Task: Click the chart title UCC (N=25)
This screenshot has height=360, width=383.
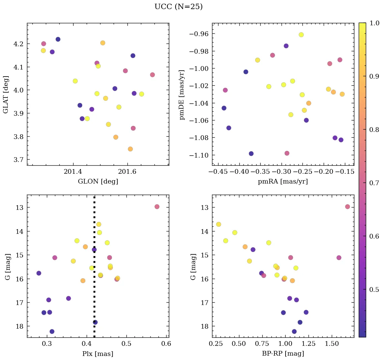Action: tap(178, 7)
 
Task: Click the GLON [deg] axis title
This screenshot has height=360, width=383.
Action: tap(98, 182)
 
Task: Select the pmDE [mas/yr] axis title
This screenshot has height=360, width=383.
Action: tap(182, 94)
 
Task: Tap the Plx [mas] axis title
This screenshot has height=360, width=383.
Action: tap(98, 354)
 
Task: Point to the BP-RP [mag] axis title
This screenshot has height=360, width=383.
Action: tap(283, 354)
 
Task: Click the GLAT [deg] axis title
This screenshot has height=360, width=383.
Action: tap(6, 94)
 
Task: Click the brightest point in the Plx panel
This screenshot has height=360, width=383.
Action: tap(157, 206)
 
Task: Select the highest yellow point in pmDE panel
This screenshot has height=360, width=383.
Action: tap(301, 35)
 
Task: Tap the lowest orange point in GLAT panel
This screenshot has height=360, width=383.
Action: tap(130, 149)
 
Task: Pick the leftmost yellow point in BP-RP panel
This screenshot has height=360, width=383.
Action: tap(218, 224)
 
